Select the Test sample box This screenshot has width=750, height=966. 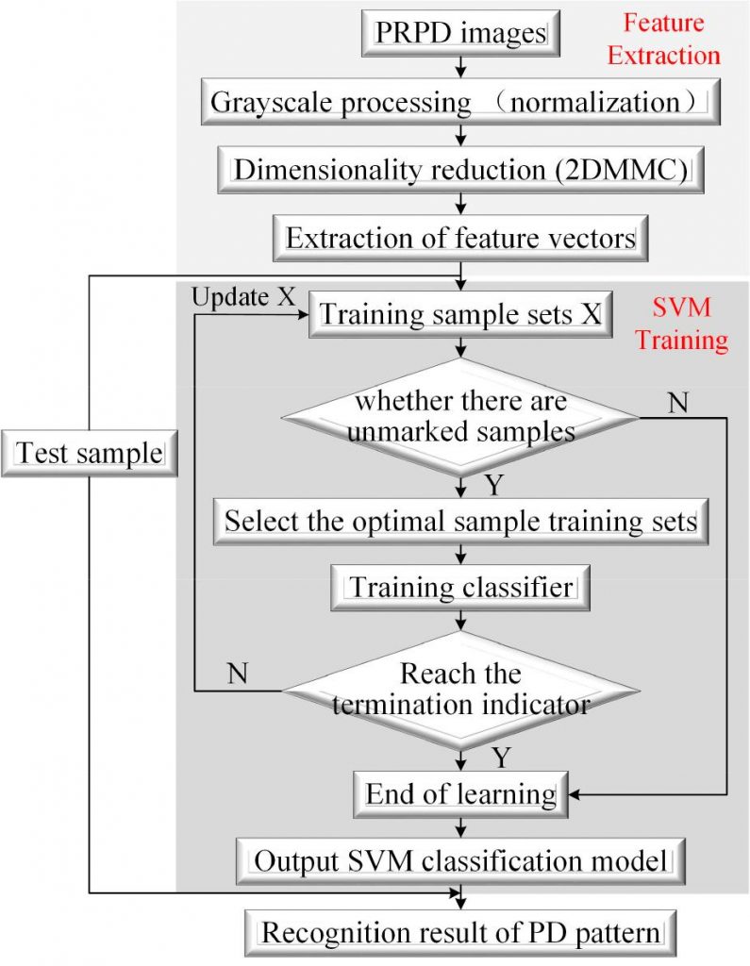click(90, 453)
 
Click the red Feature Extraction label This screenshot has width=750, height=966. click(663, 42)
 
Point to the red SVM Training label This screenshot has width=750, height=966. click(680, 323)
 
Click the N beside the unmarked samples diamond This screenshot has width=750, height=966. click(676, 402)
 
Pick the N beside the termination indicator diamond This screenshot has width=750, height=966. click(239, 674)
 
